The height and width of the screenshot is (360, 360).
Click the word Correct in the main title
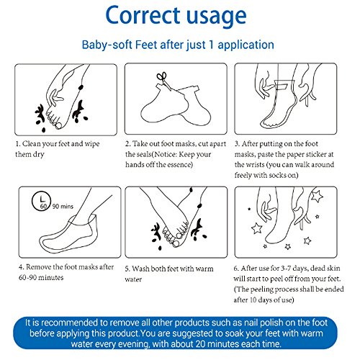[x=143, y=15]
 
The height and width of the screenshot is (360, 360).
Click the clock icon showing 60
[x=41, y=201]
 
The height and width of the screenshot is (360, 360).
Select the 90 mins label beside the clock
[x=63, y=206]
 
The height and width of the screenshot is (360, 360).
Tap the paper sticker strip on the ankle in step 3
[x=284, y=85]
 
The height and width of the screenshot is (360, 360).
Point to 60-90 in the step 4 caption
[x=27, y=277]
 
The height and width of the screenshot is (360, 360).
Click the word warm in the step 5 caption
[x=204, y=269]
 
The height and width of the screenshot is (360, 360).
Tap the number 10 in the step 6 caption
[x=253, y=300]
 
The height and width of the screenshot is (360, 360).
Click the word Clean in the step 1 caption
[x=31, y=144]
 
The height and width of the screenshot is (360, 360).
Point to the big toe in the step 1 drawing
[x=58, y=125]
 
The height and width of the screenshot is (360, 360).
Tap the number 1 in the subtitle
[x=212, y=45]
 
